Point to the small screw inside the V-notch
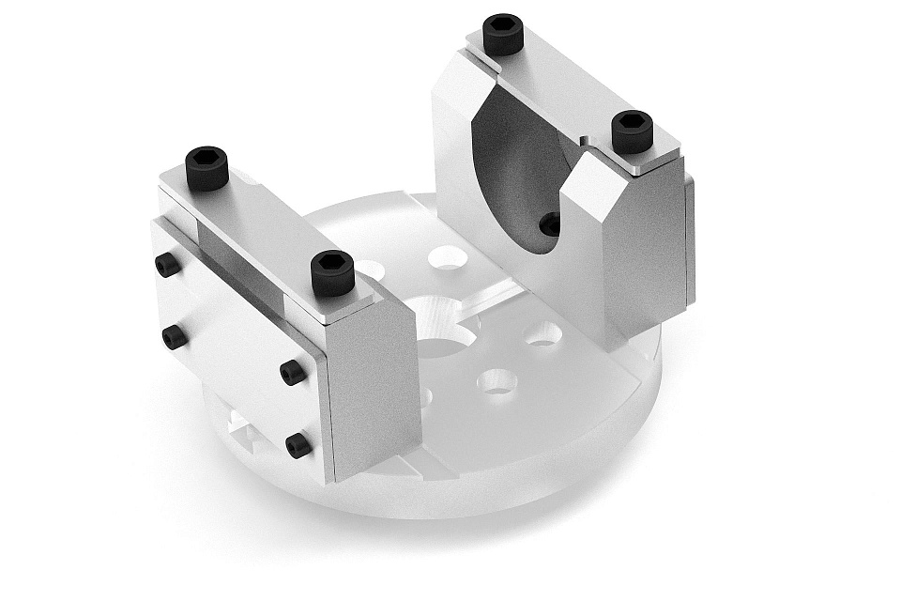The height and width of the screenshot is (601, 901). tap(551, 223)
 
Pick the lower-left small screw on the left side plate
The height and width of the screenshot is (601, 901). tap(173, 335)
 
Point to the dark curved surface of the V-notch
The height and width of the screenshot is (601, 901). tap(512, 169)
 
